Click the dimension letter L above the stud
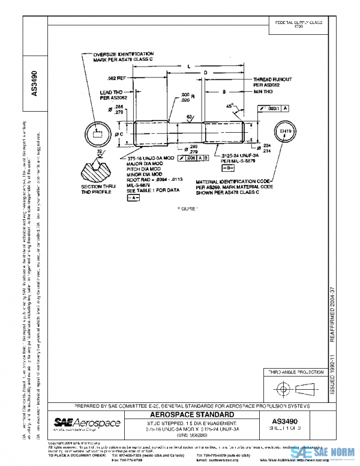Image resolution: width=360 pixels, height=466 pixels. coord(188,65)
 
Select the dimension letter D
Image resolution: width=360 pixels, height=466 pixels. coord(205,73)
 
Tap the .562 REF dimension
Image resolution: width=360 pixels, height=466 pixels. coord(115,79)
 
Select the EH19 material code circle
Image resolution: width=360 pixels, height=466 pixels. coord(285,132)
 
